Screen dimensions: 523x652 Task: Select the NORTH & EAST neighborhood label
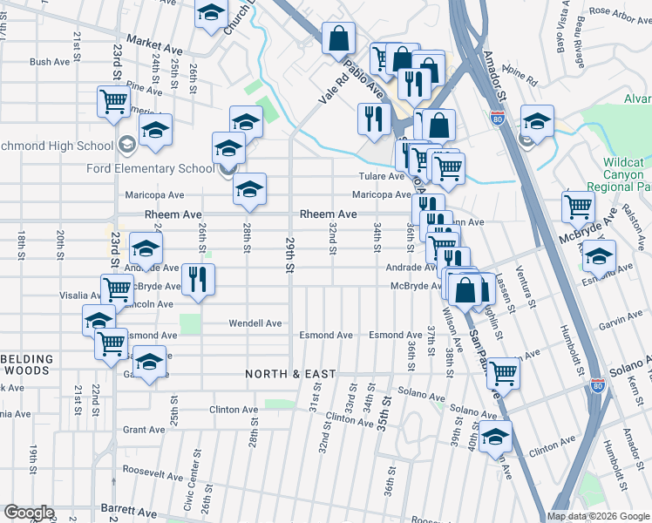(x=290, y=374)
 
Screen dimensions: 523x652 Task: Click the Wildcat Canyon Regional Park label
(x=627, y=175)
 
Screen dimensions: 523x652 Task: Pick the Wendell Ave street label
(x=255, y=323)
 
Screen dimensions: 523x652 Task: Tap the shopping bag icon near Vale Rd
(x=338, y=38)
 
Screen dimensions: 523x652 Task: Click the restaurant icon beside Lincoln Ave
(x=199, y=279)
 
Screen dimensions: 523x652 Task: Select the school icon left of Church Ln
(x=211, y=14)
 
